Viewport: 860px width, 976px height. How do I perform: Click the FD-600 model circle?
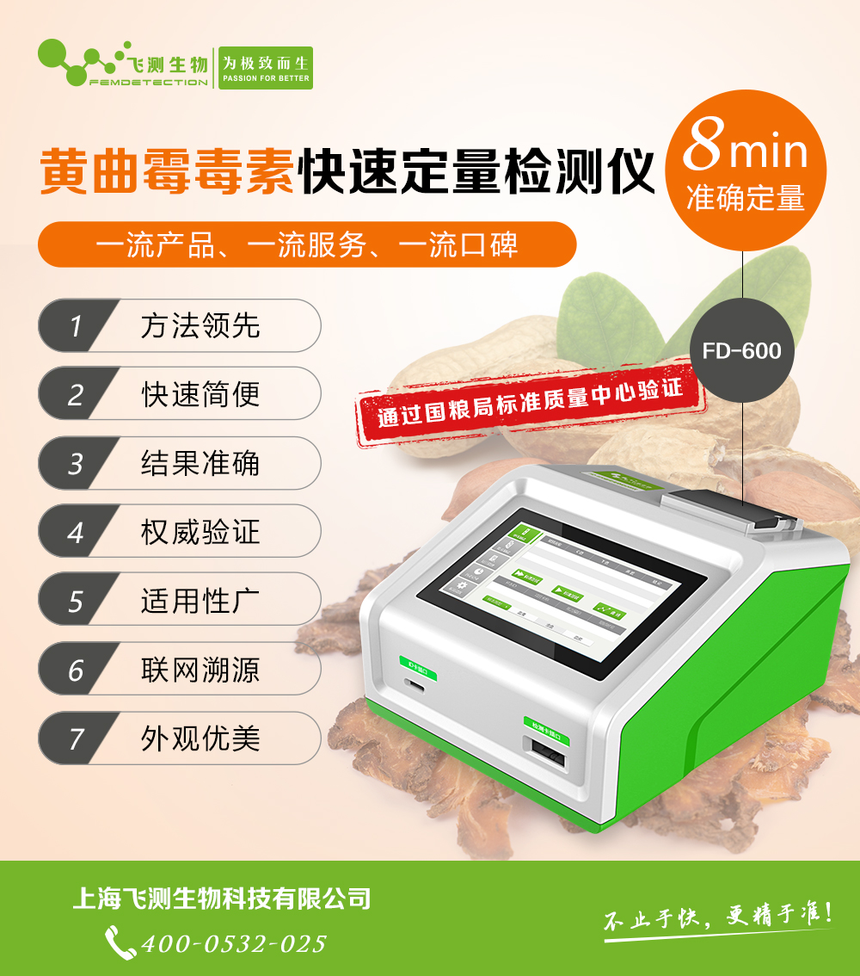pos(741,350)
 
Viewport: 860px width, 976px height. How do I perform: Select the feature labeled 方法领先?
pos(200,326)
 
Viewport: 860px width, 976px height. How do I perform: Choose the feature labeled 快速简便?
pos(200,395)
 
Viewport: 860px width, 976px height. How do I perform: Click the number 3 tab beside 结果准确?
pos(76,464)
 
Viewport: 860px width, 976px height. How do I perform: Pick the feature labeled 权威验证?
pos(200,532)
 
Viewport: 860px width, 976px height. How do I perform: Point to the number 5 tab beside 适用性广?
pos(76,601)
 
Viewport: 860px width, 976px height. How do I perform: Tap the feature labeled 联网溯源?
pos(200,670)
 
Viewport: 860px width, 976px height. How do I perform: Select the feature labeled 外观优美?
pos(200,738)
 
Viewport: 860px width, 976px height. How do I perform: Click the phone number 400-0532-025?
pos(233,943)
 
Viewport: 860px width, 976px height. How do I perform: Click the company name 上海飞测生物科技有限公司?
pos(221,899)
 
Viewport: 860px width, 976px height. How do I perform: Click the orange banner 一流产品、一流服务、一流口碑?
pos(306,245)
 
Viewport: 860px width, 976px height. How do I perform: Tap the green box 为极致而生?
pos(265,68)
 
